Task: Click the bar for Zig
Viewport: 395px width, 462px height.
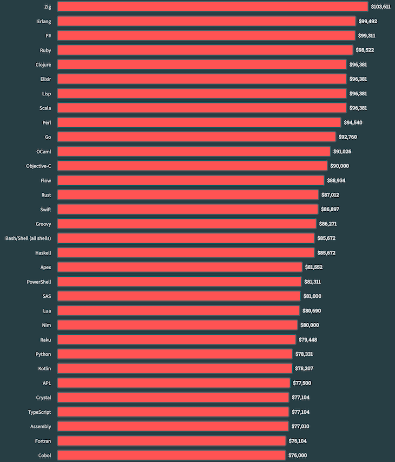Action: coord(212,6)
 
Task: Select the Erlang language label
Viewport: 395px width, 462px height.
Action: coord(44,21)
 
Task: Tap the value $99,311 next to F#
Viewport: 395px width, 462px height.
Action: coord(366,36)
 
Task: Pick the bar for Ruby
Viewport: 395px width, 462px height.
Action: coord(205,50)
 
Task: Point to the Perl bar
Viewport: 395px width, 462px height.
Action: coord(199,122)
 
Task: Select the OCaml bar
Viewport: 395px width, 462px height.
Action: coord(193,151)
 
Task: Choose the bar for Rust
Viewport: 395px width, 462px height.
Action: coord(188,194)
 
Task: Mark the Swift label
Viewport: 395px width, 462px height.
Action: coord(45,209)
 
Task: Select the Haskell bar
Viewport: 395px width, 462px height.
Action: coord(186,252)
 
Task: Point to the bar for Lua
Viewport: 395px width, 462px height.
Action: coord(178,310)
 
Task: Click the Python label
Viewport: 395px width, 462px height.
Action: coord(43,354)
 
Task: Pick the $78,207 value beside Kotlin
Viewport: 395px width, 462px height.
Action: coord(304,368)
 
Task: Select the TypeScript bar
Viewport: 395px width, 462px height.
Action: coord(173,412)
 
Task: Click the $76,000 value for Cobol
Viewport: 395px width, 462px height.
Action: coord(297,456)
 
